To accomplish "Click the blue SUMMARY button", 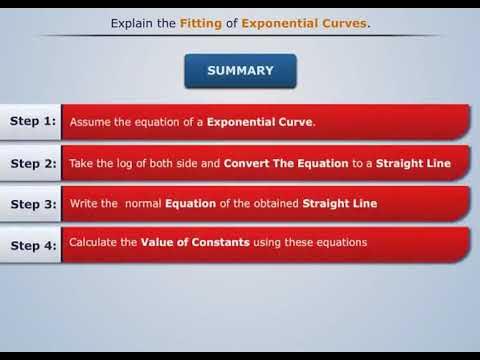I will pos(239,71).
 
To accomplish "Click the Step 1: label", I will pos(32,121).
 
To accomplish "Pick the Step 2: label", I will pos(32,163).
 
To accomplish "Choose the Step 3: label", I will pos(32,204).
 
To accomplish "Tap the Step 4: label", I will pos(32,245).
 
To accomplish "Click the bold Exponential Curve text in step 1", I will pos(260,122).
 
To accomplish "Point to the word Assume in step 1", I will pos(89,122).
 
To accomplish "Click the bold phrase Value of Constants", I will pos(190,242).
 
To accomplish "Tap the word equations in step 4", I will pos(339,242).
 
